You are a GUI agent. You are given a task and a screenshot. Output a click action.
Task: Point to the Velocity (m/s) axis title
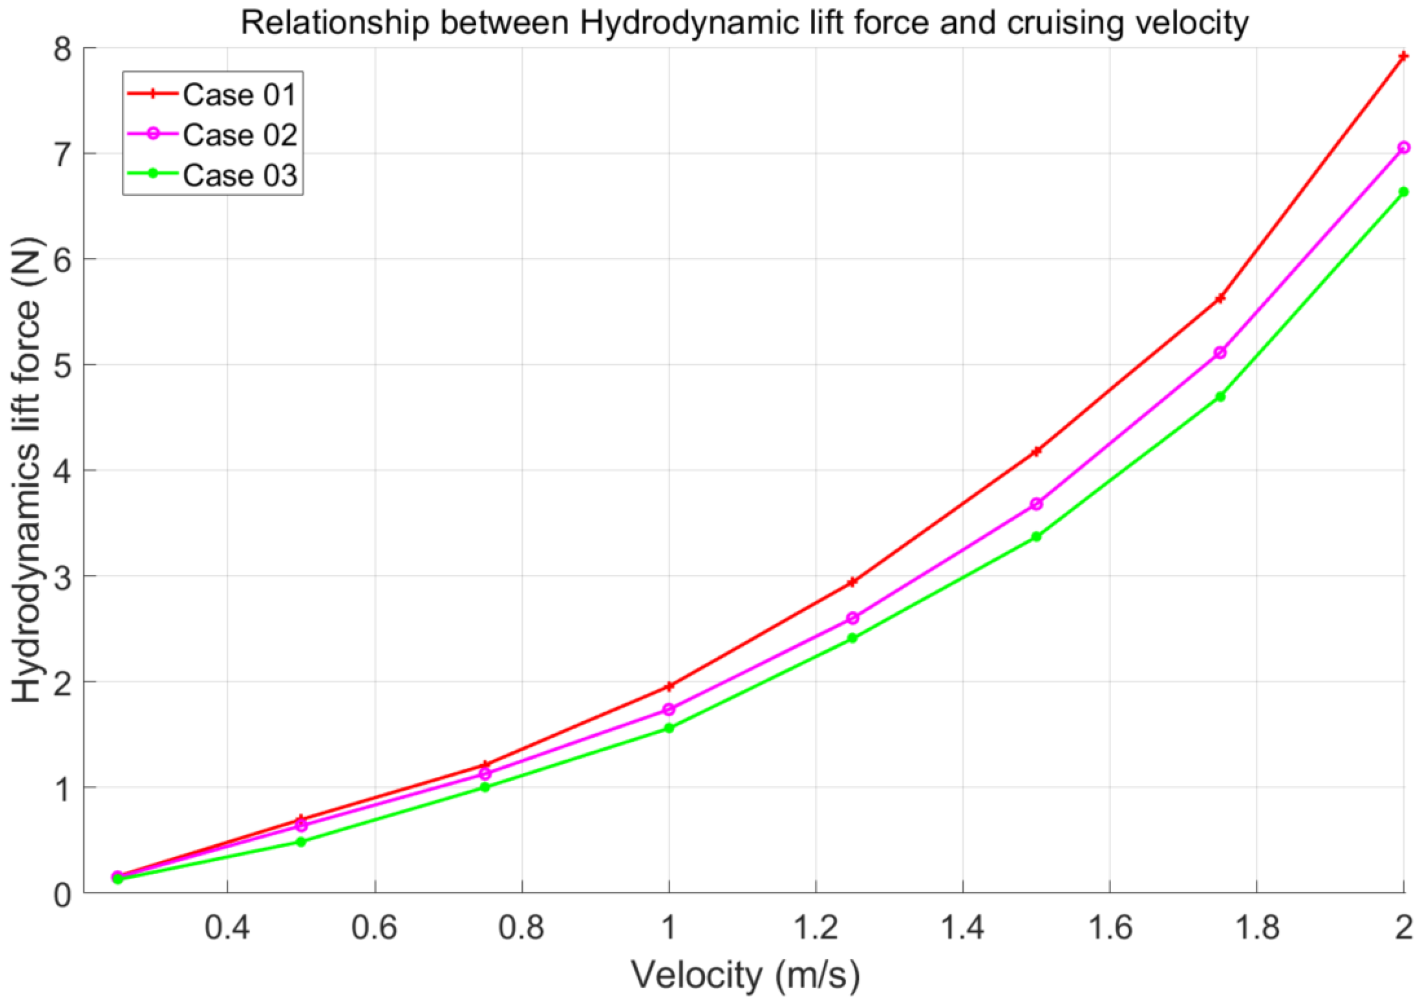(x=745, y=975)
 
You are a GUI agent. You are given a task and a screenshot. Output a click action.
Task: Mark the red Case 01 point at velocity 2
(x=1403, y=57)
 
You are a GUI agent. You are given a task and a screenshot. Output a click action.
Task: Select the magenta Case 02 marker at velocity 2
(x=1403, y=148)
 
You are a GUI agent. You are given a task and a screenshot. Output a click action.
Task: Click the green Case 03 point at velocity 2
(x=1403, y=192)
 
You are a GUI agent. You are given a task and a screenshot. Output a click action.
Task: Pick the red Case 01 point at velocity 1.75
(x=1220, y=299)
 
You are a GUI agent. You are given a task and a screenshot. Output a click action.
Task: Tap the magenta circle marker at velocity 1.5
(x=1037, y=504)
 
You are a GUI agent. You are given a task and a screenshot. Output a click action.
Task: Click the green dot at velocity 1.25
(x=852, y=638)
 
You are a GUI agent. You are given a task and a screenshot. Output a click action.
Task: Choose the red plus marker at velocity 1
(x=669, y=686)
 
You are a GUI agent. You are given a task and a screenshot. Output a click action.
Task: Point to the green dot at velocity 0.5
(x=301, y=842)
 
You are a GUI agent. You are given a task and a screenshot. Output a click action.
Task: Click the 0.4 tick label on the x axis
(x=227, y=928)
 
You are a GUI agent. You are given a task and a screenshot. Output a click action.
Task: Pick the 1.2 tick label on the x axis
(x=815, y=928)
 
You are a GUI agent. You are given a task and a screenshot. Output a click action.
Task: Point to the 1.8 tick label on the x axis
(x=1256, y=928)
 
